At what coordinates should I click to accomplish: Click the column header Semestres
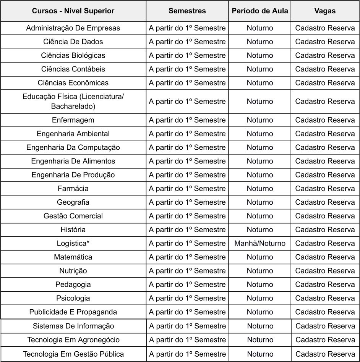187,11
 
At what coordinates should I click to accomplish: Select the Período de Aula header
260,11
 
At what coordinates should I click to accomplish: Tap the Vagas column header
325,11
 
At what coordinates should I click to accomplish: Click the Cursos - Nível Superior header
73,11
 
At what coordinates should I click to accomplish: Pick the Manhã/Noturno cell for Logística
260,243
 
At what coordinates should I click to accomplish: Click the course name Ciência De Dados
73,42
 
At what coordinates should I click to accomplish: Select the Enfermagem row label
73,120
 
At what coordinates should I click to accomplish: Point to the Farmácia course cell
73,188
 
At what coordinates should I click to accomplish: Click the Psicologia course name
73,298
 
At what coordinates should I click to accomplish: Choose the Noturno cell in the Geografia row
260,202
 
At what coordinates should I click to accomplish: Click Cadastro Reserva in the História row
325,229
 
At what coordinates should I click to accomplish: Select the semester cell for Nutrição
187,271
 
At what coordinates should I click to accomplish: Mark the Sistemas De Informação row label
73,326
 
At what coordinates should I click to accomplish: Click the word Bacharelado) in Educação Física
73,106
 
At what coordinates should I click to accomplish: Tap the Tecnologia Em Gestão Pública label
73,354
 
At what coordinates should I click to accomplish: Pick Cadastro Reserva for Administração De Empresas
325,28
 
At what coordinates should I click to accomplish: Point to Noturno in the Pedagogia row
260,284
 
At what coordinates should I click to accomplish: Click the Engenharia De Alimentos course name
73,161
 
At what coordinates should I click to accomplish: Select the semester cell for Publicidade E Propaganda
187,312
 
